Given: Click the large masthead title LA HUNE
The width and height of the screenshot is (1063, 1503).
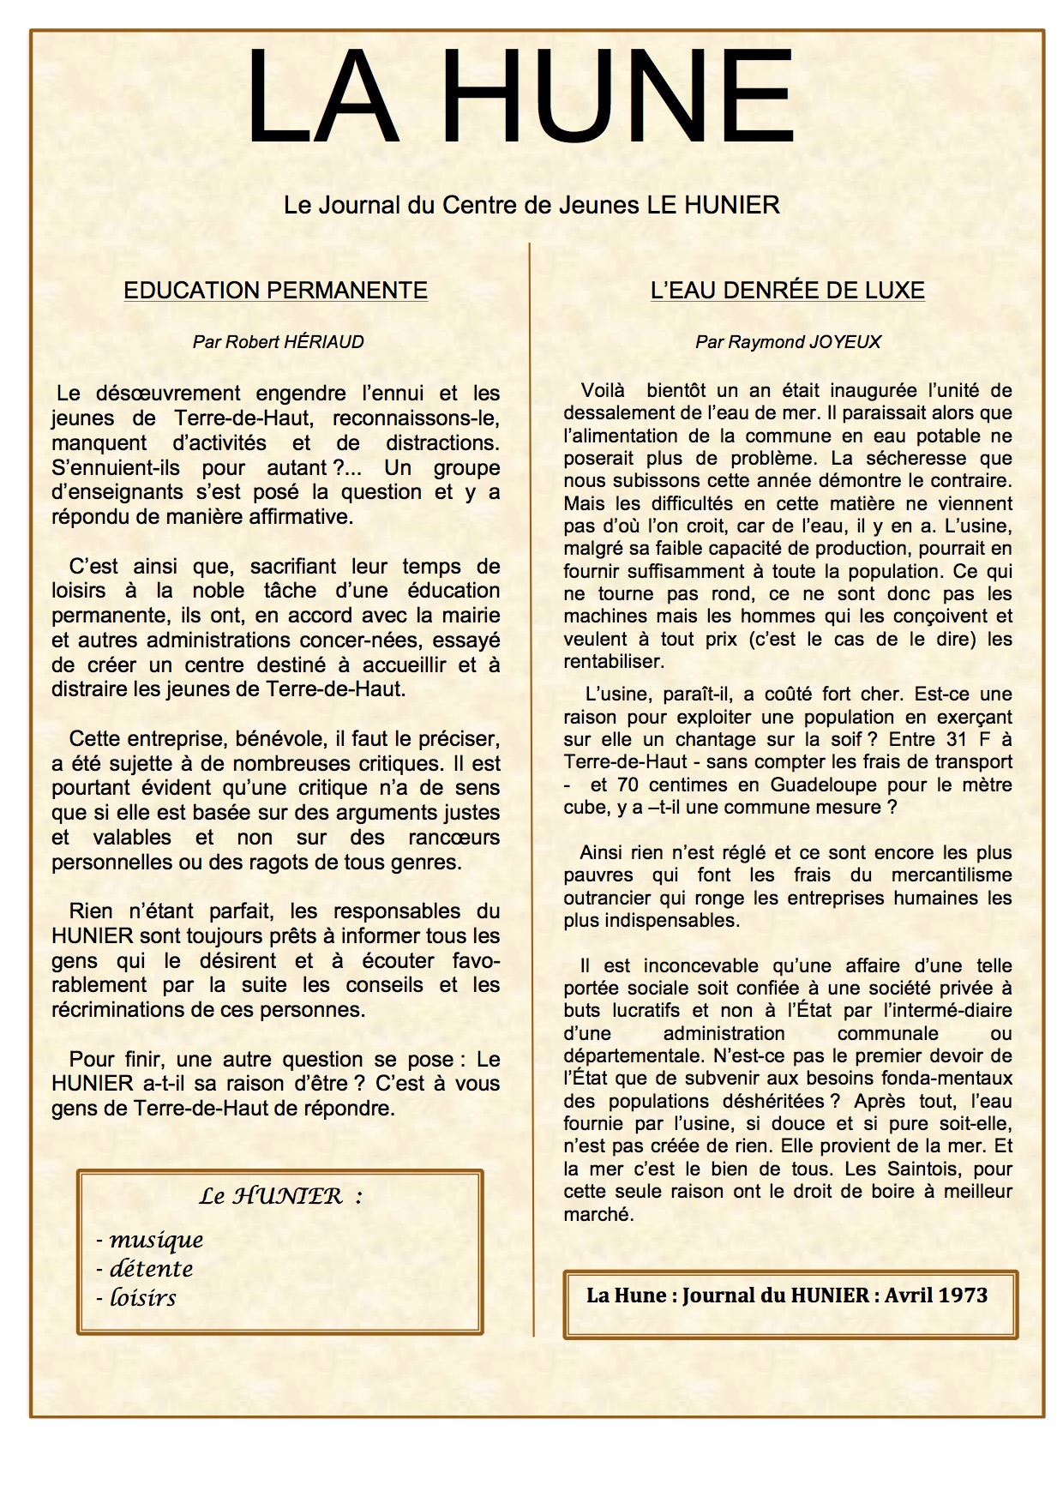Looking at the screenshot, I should tap(519, 98).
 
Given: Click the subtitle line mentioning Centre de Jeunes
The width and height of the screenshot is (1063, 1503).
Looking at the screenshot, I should tap(531, 206).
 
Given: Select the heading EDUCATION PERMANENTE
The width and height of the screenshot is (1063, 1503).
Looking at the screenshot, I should tap(275, 291).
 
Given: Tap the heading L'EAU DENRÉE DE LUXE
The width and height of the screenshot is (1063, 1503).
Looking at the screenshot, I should tap(787, 291).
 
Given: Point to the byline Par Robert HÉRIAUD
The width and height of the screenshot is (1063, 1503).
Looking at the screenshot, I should tap(278, 342).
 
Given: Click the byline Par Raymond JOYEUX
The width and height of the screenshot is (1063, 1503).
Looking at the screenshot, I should tap(788, 342).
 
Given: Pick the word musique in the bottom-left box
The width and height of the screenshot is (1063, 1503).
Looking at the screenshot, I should tap(156, 1240).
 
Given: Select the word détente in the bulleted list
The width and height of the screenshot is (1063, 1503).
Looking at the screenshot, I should tap(151, 1269).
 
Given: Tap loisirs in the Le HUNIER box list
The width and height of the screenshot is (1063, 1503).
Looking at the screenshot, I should tap(143, 1298).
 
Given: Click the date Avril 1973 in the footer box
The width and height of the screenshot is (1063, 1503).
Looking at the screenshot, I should tap(936, 1296).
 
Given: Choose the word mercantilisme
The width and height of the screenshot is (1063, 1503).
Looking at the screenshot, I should tap(952, 875).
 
